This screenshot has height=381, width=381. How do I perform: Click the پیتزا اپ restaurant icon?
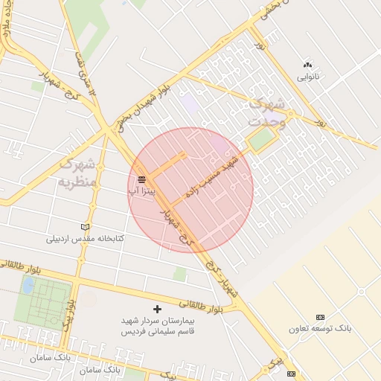click(141, 179)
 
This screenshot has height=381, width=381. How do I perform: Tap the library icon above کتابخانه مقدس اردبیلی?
click(85, 226)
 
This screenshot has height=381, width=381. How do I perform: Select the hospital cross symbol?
click(156, 308)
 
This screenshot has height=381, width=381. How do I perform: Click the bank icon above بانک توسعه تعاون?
click(320, 317)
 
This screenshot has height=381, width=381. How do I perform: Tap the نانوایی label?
click(308, 76)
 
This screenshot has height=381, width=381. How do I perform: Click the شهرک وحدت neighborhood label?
click(269, 110)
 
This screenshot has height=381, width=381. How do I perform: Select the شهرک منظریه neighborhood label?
click(78, 172)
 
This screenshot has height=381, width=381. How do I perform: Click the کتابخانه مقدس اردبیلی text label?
click(85, 238)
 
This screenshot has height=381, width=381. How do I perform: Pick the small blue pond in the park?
click(28, 285)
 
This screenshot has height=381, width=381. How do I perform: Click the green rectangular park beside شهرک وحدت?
click(260, 139)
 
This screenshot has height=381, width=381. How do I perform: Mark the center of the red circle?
click(190, 190)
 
